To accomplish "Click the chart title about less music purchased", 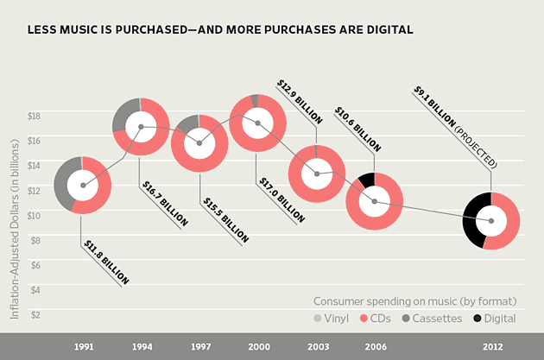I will (x=220, y=29).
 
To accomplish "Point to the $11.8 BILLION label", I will (x=105, y=262).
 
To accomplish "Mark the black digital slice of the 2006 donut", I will (x=366, y=180).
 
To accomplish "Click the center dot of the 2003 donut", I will (x=317, y=174).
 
